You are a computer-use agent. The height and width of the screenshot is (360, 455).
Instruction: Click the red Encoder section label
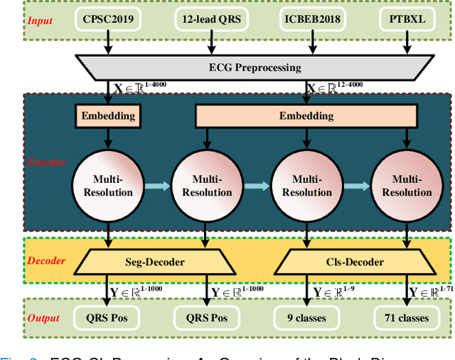[x=47, y=162]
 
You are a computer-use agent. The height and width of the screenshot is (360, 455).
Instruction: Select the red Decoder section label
[x=47, y=261]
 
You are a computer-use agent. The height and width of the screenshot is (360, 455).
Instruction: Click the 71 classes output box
[x=403, y=317]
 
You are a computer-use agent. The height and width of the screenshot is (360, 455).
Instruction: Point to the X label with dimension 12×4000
[x=333, y=88]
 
